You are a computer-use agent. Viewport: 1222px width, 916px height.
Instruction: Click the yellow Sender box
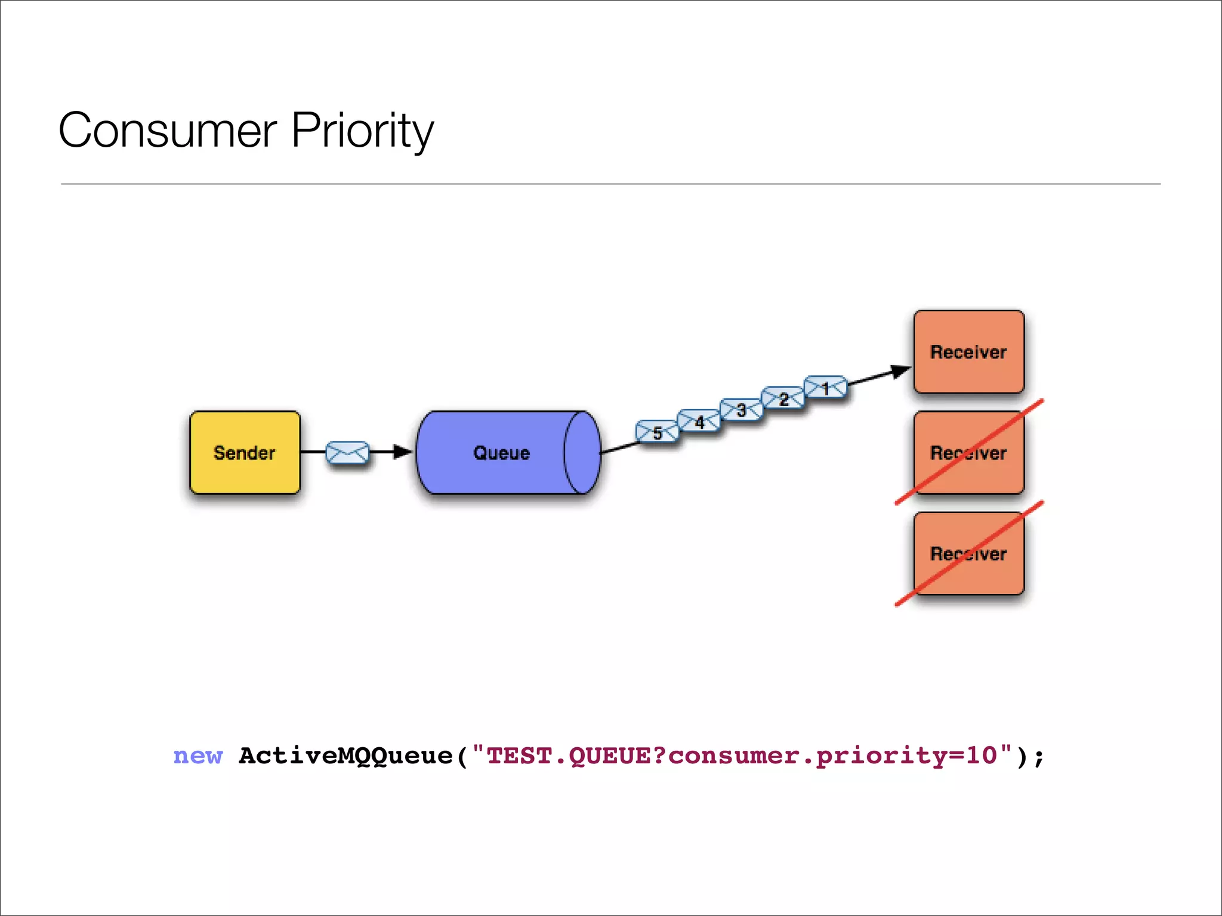click(245, 452)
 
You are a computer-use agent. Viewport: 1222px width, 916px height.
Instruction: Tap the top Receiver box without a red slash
click(968, 351)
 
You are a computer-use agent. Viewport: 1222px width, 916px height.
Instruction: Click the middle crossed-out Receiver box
click(968, 453)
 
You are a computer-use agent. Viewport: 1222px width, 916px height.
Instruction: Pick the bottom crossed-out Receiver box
click(968, 553)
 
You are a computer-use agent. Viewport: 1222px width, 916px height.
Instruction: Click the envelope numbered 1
click(826, 388)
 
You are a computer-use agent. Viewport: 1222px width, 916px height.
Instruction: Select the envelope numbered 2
click(783, 398)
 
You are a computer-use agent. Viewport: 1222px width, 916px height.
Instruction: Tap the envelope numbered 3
click(741, 410)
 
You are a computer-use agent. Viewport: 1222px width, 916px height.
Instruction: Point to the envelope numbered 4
click(699, 422)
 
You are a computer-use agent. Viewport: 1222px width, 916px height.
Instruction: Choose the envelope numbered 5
click(657, 432)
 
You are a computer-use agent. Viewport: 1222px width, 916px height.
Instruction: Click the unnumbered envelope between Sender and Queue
click(347, 453)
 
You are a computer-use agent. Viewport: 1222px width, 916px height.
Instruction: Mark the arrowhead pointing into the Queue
click(403, 452)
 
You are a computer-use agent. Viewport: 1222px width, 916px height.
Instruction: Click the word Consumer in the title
click(168, 131)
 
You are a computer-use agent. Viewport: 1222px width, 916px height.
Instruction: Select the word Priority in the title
click(362, 131)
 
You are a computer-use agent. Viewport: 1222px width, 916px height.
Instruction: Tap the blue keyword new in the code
click(198, 756)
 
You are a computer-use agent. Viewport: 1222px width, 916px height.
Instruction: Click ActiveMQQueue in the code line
click(345, 756)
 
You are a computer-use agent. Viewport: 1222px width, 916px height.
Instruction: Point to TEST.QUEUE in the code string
click(569, 756)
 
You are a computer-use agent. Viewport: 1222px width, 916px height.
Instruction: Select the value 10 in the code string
click(982, 755)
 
